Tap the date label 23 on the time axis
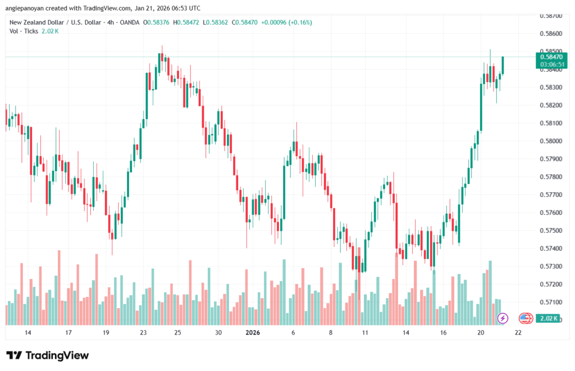coord(144,333)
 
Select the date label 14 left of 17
coord(28,333)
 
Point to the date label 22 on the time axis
coord(518,333)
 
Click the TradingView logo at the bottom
coord(48,355)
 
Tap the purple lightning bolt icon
coord(503,318)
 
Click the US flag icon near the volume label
coord(525,318)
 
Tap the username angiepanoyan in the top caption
coord(26,8)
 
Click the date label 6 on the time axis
coord(293,333)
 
